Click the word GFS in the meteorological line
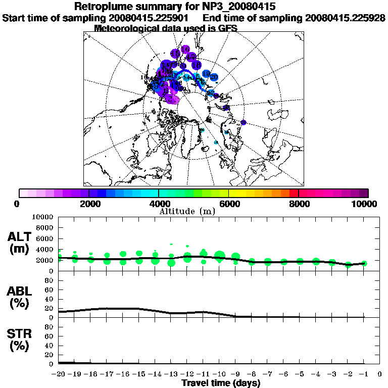pyautogui.click(x=228, y=28)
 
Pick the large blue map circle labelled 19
pyautogui.click(x=206, y=74)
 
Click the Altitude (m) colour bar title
pyautogui.click(x=187, y=211)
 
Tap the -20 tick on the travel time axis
pyautogui.click(x=59, y=374)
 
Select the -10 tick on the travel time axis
pyautogui.click(x=219, y=374)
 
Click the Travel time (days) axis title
pyautogui.click(x=221, y=383)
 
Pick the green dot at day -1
pyautogui.click(x=364, y=263)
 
